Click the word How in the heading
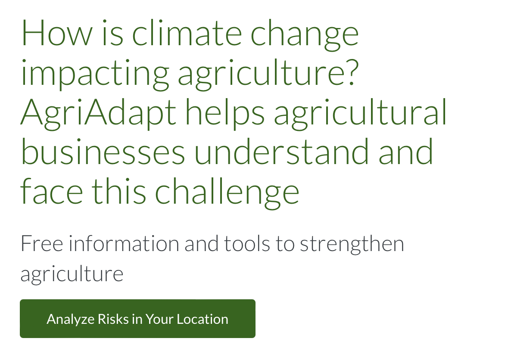(57, 33)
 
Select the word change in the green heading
(305, 35)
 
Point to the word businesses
(103, 152)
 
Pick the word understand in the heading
(281, 152)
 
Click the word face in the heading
(52, 191)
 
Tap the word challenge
(227, 193)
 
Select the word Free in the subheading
(42, 243)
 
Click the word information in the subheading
(124, 243)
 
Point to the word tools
(247, 243)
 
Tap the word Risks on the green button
(113, 319)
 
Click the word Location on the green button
(202, 319)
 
